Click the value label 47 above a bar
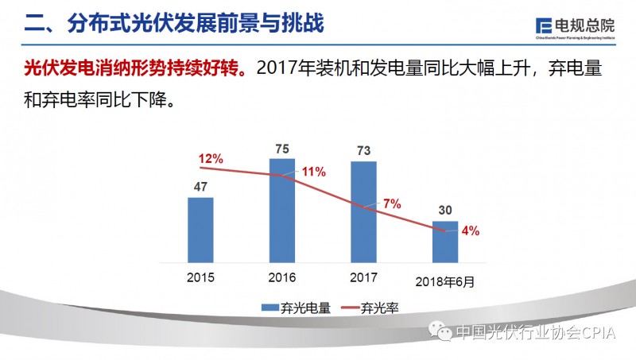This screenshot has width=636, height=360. (x=200, y=187)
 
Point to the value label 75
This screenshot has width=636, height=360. (x=281, y=148)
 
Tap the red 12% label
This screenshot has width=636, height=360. (x=211, y=159)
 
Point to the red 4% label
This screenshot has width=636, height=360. (x=470, y=231)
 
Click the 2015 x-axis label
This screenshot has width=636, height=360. (x=200, y=278)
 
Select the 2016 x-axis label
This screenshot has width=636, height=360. (x=281, y=278)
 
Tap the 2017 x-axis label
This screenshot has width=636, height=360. (x=363, y=278)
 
